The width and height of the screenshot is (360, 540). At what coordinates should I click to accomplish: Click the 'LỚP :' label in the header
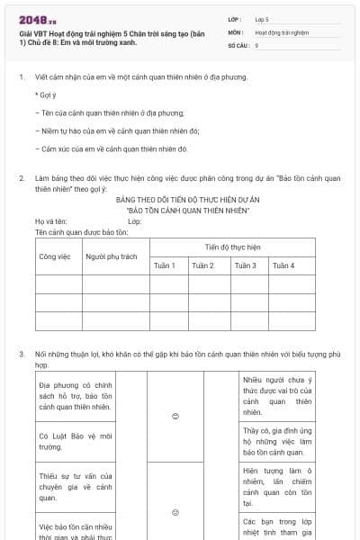pos(237,19)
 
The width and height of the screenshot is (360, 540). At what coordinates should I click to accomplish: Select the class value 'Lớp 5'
pos(262,19)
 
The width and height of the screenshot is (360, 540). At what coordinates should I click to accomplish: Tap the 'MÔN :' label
pos(237,31)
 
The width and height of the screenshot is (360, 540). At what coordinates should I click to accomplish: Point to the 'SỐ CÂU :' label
pos(240,44)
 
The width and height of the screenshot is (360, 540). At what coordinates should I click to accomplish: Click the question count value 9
pos(256,44)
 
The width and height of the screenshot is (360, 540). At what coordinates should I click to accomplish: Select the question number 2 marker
pos(22,178)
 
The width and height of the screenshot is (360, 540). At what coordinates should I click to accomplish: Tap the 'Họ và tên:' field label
pos(51,221)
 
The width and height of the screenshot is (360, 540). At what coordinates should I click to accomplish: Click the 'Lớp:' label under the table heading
pos(135,221)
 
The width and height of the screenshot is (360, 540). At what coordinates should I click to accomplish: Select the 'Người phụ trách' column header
pos(112,256)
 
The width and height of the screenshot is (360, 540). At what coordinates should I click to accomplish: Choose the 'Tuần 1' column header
pos(165,265)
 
